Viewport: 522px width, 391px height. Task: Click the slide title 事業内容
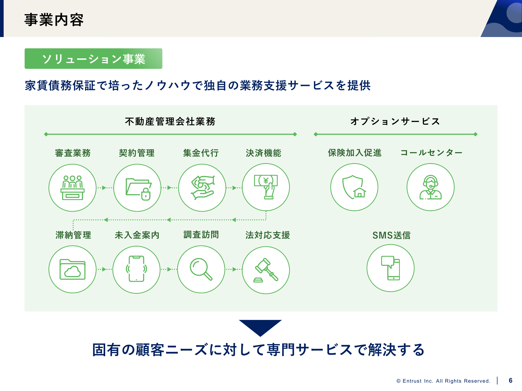pos(54,20)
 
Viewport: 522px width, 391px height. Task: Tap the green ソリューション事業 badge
pos(93,59)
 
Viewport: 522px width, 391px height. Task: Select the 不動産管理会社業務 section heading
pos(170,121)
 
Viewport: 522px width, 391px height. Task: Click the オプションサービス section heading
pos(395,121)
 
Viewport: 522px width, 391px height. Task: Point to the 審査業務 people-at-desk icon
pos(73,188)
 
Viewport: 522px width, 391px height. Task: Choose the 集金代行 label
pos(201,153)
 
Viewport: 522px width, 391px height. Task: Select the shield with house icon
pos(354,187)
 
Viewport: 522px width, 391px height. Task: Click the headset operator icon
pos(431,187)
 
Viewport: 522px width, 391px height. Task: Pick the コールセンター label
pos(431,153)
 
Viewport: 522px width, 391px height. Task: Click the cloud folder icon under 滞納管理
pos(73,269)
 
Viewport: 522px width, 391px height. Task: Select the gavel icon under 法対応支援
pos(266,270)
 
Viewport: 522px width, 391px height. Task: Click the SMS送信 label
pos(391,235)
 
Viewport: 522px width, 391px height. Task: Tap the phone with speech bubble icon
pos(390,268)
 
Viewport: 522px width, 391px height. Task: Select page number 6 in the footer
pos(511,381)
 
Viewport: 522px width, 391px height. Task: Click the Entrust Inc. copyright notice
pos(443,381)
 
